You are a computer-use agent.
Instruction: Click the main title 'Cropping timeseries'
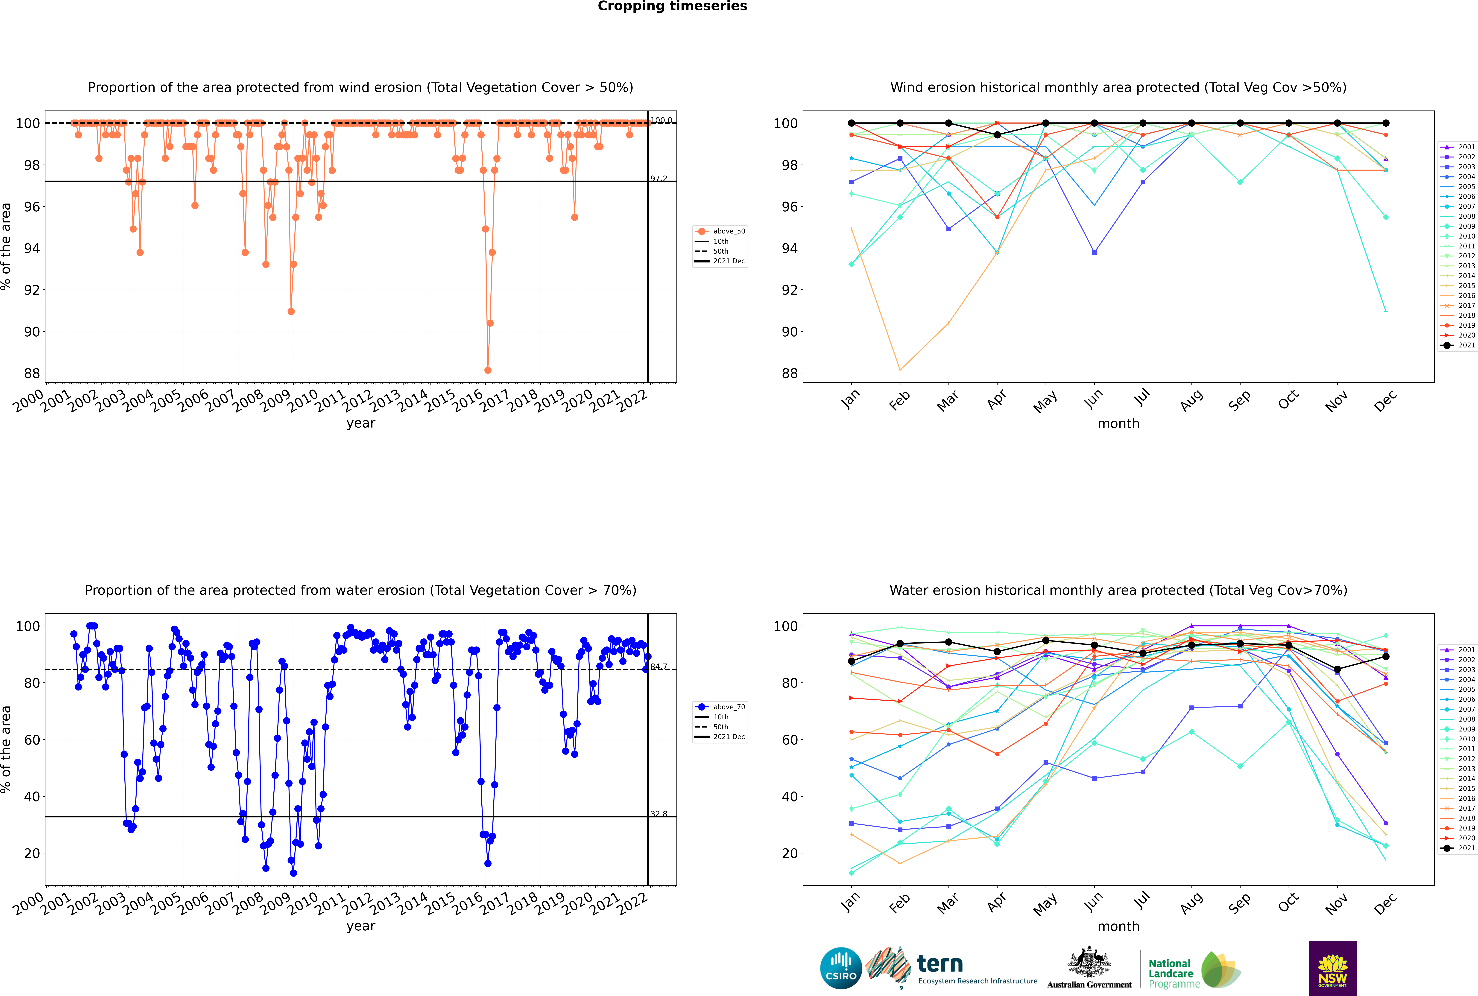tap(672, 6)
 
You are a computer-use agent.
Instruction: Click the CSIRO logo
tap(841, 968)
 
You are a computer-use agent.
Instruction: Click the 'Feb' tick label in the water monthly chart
tap(899, 903)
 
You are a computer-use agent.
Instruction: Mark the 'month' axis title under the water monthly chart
tap(1118, 926)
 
